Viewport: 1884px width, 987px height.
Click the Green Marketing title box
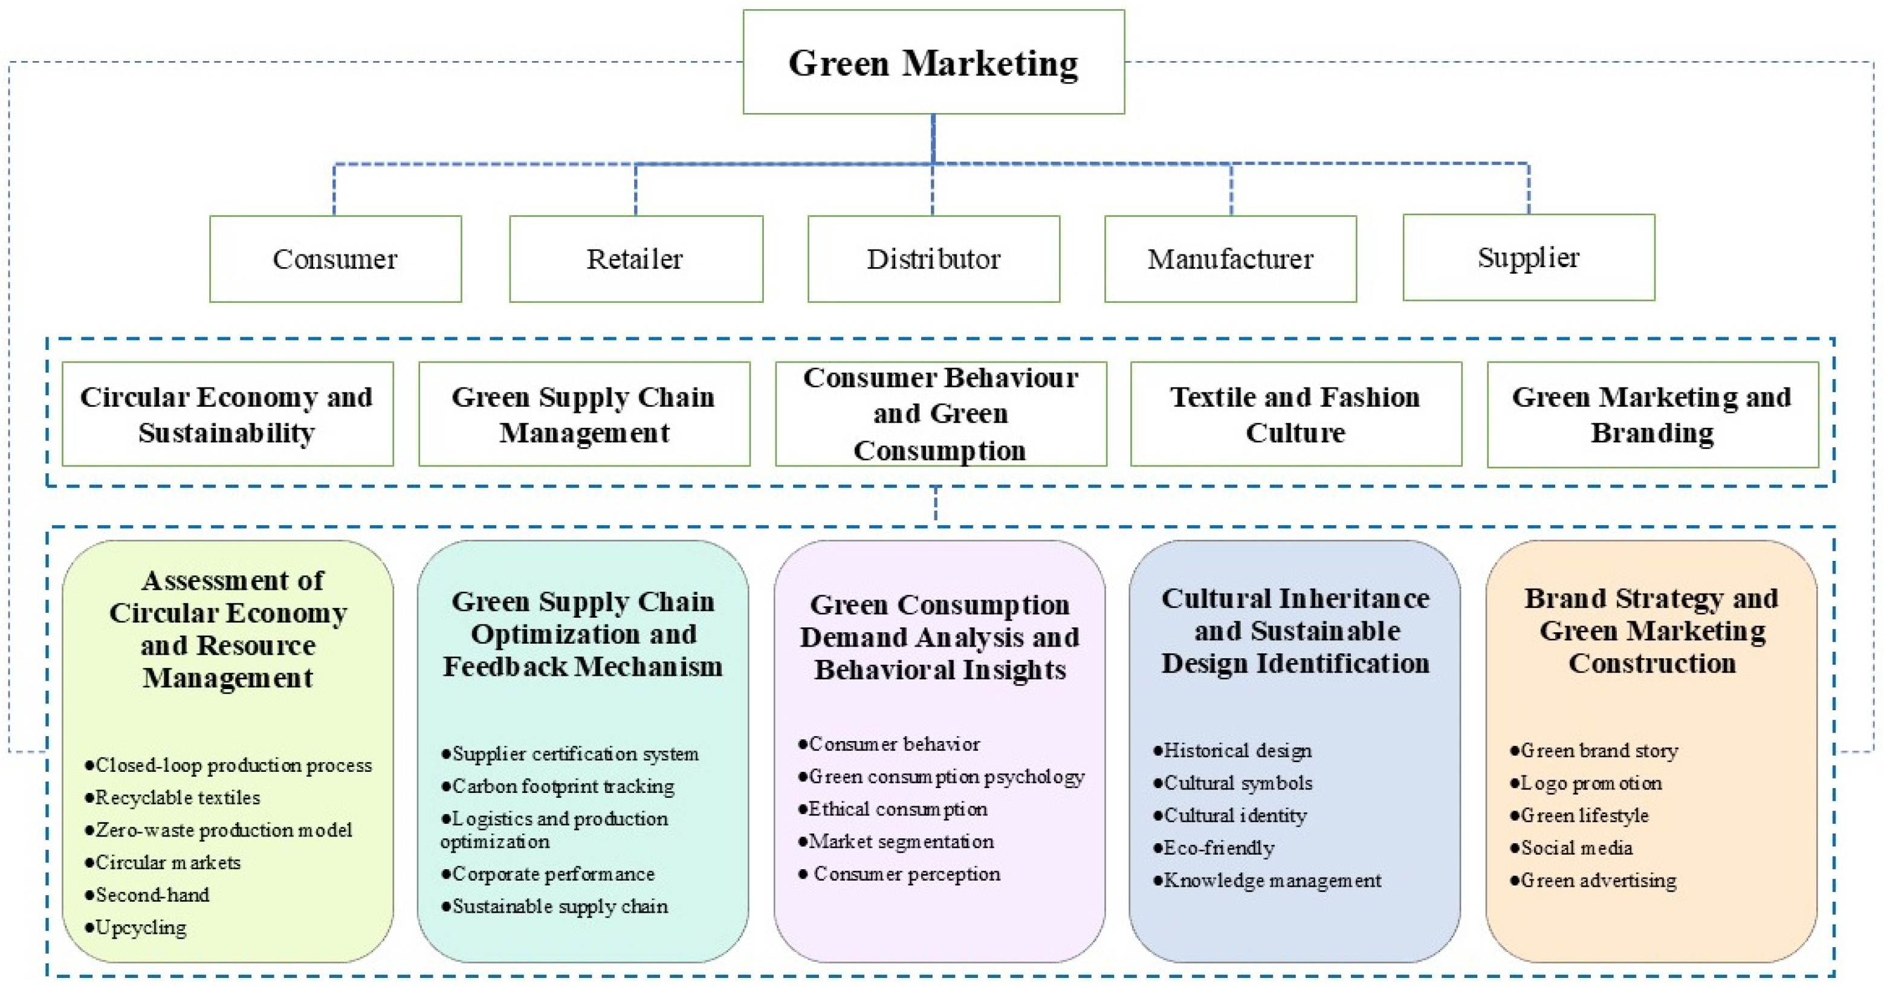tap(933, 62)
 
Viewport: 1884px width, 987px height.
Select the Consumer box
tap(335, 259)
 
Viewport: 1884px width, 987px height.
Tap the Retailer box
tap(636, 259)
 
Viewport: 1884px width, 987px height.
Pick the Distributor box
tap(933, 259)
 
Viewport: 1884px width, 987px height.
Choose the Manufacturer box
tap(1230, 259)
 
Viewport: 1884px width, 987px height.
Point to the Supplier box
tap(1529, 257)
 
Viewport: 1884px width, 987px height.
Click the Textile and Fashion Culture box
tap(1295, 415)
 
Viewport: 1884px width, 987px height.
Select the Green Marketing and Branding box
tap(1652, 415)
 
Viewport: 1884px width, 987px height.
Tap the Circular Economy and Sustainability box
tap(227, 415)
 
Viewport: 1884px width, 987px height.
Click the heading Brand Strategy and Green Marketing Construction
tap(1652, 631)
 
